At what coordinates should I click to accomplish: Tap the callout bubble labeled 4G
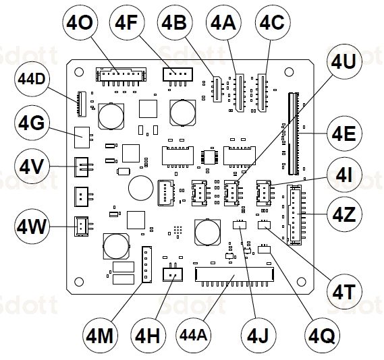[31, 123]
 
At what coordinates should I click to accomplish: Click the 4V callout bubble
[31, 164]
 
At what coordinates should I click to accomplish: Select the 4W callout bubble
[31, 227]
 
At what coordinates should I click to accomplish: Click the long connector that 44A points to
[234, 274]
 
